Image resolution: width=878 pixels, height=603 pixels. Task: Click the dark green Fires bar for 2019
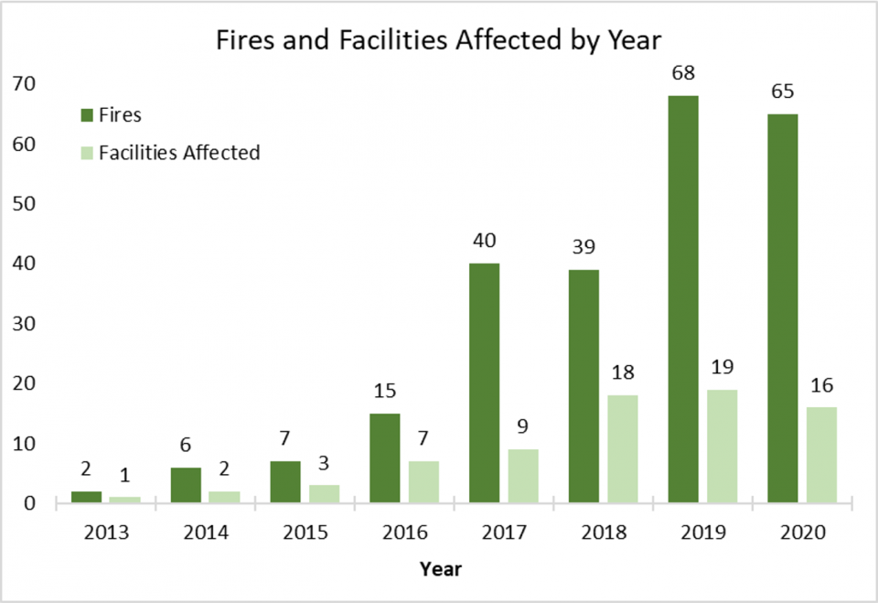coord(682,299)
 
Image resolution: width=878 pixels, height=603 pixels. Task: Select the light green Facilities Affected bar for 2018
coord(622,449)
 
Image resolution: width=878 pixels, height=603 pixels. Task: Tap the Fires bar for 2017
coord(484,383)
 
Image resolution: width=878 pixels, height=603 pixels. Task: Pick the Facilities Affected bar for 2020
coord(821,455)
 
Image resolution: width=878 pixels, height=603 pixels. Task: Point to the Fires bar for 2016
coord(384,458)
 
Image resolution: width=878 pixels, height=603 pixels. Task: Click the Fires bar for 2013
coord(86,497)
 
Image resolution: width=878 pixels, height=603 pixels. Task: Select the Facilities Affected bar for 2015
coord(324,494)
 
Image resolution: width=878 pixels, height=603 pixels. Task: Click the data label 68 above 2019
coord(682,72)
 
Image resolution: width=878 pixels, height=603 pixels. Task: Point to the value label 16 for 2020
coord(821,384)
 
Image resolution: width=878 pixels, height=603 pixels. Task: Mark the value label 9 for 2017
coord(522,426)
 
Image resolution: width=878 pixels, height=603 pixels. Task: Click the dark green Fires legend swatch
coord(88,114)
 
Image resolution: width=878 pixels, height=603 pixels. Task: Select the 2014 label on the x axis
coord(205,533)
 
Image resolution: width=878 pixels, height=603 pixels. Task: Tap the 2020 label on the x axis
coord(802,533)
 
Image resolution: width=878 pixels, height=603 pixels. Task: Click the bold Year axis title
coord(441,569)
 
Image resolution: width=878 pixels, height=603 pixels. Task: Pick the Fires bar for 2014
coord(186,485)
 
